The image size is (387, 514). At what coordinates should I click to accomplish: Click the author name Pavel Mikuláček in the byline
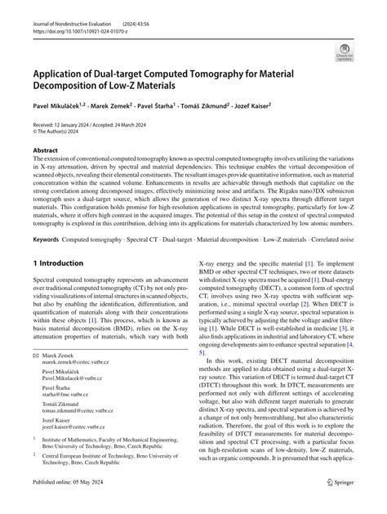click(x=60, y=107)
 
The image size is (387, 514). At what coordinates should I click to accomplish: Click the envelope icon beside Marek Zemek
click(x=35, y=380)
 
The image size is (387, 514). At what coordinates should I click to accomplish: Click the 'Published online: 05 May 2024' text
click(x=71, y=504)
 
